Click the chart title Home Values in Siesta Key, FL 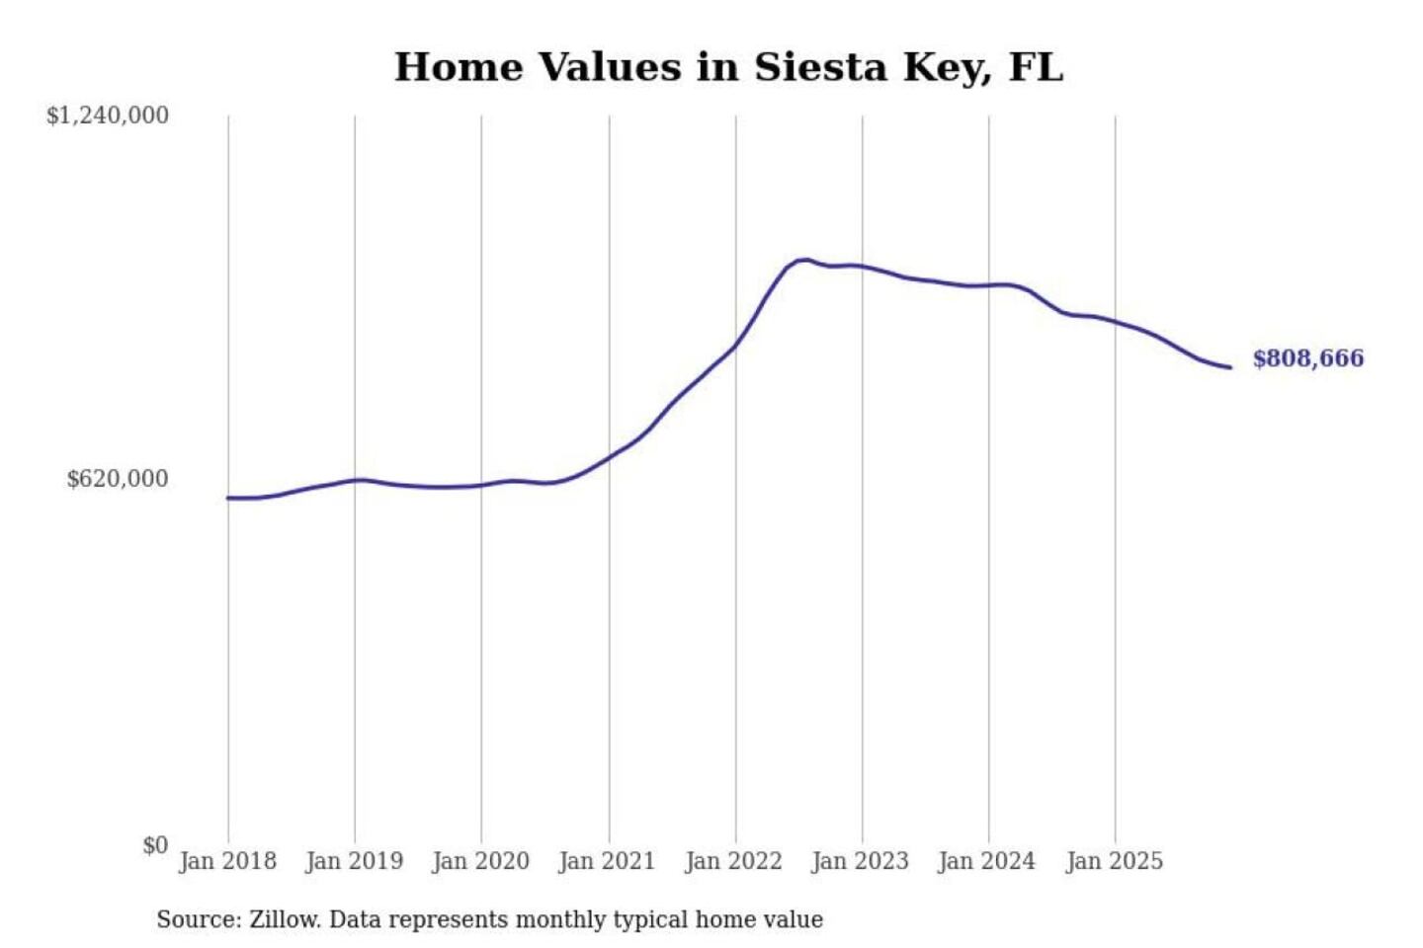point(728,67)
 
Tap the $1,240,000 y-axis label point(108,116)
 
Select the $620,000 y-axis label point(118,479)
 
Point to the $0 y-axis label point(155,845)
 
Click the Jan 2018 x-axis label point(227,861)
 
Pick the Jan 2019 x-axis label point(354,861)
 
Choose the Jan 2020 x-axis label point(480,861)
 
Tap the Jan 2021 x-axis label point(607,861)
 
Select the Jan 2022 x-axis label point(733,861)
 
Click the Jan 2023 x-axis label point(860,861)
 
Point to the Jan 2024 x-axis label point(986,861)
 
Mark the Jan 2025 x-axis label point(1114,861)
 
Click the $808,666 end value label point(1307,358)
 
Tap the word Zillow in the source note point(283,919)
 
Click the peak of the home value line point(805,260)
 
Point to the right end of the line point(1230,367)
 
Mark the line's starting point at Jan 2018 point(228,498)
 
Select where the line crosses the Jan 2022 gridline point(735,345)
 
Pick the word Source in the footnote point(197,919)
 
